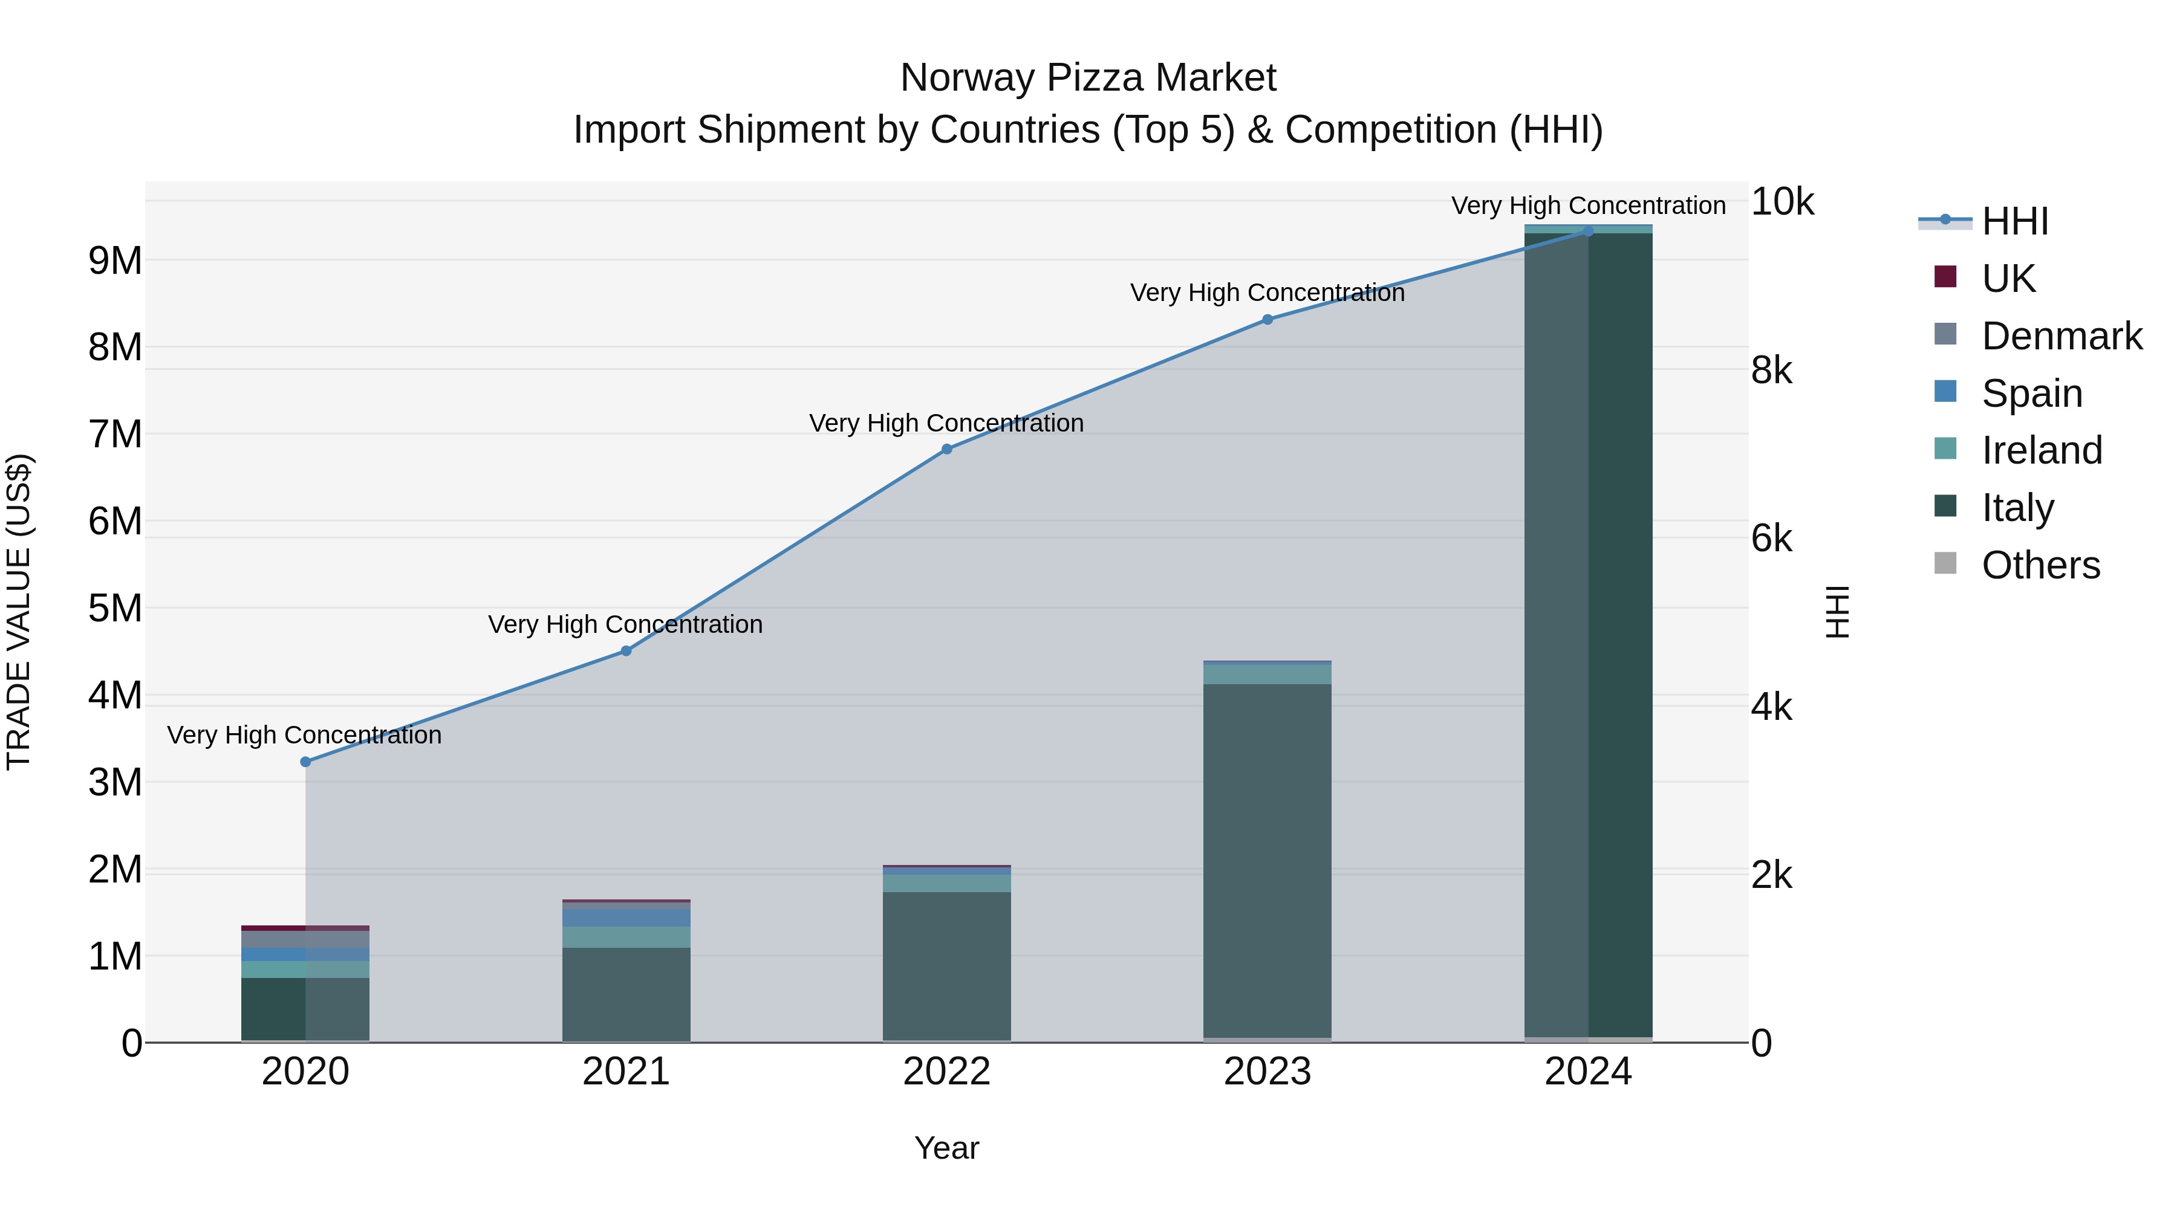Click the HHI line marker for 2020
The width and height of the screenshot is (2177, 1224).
pos(305,762)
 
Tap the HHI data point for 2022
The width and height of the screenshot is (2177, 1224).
pos(946,449)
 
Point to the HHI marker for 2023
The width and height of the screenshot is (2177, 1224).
pos(1267,319)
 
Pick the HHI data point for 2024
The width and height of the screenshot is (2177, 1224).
pos(1588,231)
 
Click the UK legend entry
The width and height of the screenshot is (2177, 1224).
pos(2007,279)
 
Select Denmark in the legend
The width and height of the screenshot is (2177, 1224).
pos(2060,336)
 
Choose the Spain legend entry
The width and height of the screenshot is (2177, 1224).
pos(2031,393)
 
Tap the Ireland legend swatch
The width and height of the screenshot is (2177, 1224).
pos(1945,448)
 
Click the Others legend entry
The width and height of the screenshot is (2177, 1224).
pos(2039,565)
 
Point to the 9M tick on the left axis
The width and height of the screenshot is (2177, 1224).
pos(116,261)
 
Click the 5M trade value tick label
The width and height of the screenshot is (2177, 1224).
pos(116,608)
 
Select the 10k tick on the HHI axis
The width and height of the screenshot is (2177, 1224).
pos(1782,202)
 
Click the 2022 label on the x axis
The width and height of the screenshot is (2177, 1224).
pos(946,1072)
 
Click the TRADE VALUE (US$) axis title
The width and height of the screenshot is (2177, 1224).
pos(19,612)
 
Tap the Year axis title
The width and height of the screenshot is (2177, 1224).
pos(946,1148)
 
